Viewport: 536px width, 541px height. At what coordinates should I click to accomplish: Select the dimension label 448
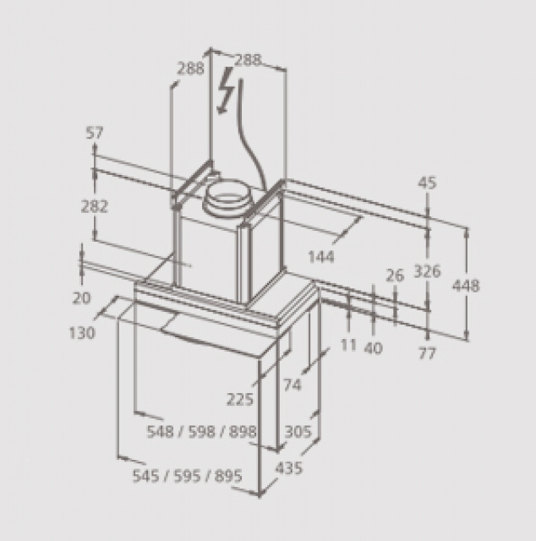pyautogui.click(x=466, y=286)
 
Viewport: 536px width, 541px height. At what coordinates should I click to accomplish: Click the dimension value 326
pyautogui.click(x=427, y=270)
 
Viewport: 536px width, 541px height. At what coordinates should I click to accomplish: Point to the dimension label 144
pyautogui.click(x=321, y=257)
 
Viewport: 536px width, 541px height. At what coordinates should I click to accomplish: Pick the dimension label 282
pyautogui.click(x=95, y=206)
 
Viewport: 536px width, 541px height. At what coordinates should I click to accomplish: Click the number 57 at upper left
pyautogui.click(x=95, y=133)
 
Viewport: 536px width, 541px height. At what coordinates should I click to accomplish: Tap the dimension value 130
pyautogui.click(x=82, y=333)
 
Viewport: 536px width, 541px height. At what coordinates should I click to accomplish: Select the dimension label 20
pyautogui.click(x=81, y=298)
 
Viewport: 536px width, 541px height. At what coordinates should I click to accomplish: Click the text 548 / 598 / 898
pyautogui.click(x=202, y=431)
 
